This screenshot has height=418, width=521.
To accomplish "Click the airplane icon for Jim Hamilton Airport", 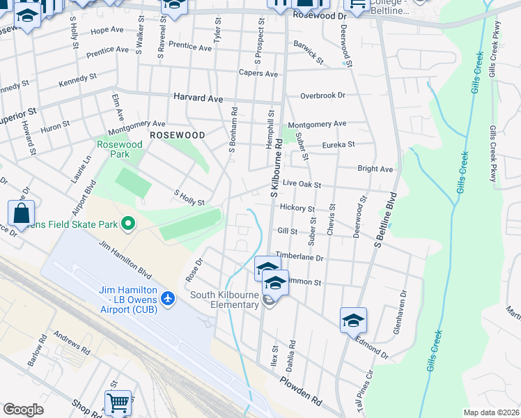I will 167,298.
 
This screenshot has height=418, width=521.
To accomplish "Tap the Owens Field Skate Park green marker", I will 128,224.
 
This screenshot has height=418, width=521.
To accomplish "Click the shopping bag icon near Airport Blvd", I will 21,213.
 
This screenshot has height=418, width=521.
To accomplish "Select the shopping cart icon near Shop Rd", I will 118,402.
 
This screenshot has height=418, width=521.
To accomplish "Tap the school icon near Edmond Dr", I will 353,320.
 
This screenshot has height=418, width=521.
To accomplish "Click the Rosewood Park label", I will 119,148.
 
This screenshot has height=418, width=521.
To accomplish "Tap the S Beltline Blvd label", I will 384,222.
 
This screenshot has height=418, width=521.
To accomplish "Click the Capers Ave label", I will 258,73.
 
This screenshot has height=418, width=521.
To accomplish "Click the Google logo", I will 23,409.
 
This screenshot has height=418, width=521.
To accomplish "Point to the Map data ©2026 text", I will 490,412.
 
